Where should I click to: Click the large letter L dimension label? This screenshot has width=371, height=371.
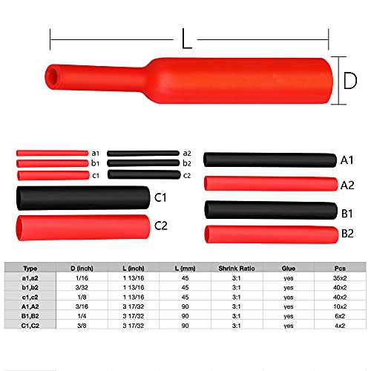(186, 39)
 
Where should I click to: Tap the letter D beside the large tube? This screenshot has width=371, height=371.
(350, 81)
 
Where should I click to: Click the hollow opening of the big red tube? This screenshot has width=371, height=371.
(53, 75)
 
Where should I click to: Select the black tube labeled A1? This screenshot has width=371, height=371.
(270, 160)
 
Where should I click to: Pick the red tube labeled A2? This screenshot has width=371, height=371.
(271, 183)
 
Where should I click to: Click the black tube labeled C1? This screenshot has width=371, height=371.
(83, 198)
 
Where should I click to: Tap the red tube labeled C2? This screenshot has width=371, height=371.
(83, 228)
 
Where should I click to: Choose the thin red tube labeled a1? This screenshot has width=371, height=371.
(53, 153)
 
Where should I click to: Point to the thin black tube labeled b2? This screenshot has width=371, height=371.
(143, 163)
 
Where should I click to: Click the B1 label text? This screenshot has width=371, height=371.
(347, 214)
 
